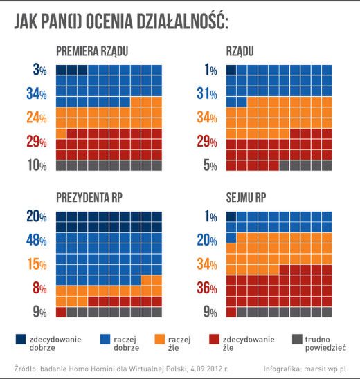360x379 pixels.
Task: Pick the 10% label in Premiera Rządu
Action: [x=37, y=165]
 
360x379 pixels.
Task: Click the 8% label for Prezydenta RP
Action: [x=39, y=288]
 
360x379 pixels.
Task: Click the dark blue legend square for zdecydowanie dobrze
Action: [x=20, y=339]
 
